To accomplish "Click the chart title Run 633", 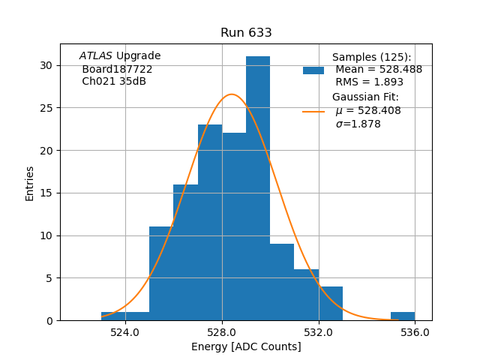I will [246, 33].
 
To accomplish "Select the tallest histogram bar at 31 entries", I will [258, 187].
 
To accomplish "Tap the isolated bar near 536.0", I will [403, 316].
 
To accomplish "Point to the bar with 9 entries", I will [282, 282].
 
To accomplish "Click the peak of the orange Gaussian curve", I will [232, 94].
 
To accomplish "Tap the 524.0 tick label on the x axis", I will [125, 332].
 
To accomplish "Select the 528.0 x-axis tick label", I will [222, 332].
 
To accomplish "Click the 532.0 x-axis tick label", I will [319, 332].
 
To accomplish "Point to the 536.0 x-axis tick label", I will [415, 332].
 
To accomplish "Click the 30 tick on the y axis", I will [46, 65].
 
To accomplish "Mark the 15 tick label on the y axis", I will [46, 193].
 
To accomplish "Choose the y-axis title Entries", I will [30, 183].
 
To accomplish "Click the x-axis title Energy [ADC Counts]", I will [246, 346].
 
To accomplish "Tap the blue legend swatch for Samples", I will [313, 70].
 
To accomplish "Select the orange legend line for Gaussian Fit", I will [313, 111].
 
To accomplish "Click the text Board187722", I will [117, 69].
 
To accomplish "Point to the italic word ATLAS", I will [96, 56].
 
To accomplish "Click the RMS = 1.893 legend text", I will [369, 82].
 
